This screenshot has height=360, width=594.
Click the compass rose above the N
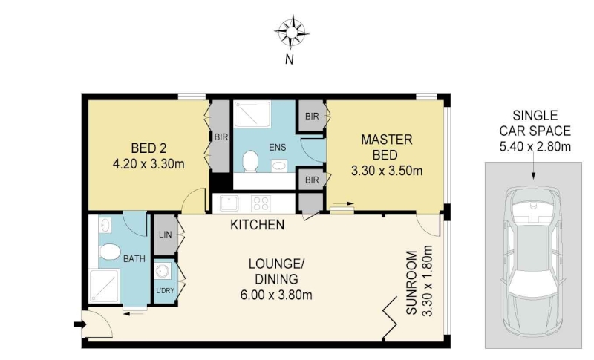click(x=291, y=33)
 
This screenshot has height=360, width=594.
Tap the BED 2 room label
click(x=148, y=148)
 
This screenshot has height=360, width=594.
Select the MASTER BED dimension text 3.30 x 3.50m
click(x=387, y=171)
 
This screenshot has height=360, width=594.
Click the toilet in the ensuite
click(x=249, y=161)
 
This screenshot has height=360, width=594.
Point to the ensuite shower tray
click(x=252, y=114)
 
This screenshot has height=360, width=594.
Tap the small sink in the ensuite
click(x=279, y=166)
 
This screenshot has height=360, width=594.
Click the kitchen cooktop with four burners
click(x=261, y=203)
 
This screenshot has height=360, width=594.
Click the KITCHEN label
click(x=257, y=225)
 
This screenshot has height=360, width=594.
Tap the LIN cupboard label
click(x=165, y=235)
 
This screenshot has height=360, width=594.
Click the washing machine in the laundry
click(x=163, y=272)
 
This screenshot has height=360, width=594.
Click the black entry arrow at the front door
click(x=79, y=324)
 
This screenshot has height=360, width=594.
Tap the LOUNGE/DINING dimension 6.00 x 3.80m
click(x=276, y=295)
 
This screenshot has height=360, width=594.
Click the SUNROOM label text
click(x=411, y=282)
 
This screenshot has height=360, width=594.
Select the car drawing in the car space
click(x=533, y=261)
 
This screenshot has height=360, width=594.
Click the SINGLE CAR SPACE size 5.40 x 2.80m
click(x=535, y=146)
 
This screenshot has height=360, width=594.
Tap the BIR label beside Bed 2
click(x=221, y=137)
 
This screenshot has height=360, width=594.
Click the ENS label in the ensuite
click(x=277, y=147)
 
